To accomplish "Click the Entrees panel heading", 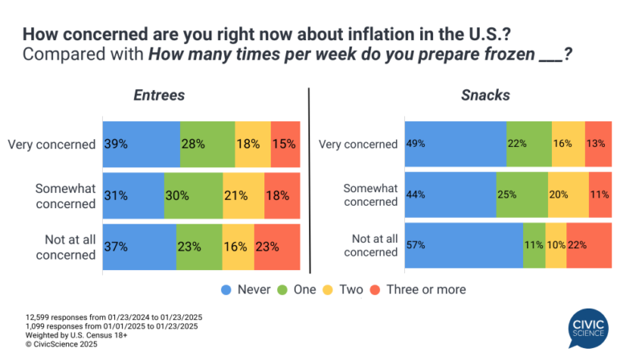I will (x=159, y=95).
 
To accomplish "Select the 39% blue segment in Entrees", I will (x=141, y=144).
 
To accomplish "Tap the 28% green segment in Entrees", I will (x=207, y=144).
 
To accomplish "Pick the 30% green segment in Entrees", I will (x=193, y=195).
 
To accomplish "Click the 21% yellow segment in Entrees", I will (x=243, y=195).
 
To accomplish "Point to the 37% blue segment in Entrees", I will (x=139, y=247).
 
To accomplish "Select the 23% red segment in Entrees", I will (x=276, y=247).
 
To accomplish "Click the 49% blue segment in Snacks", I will (x=455, y=144).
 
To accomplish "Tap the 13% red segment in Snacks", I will (x=598, y=144).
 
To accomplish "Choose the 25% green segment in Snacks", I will (x=521, y=195).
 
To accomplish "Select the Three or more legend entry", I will (x=418, y=288).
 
